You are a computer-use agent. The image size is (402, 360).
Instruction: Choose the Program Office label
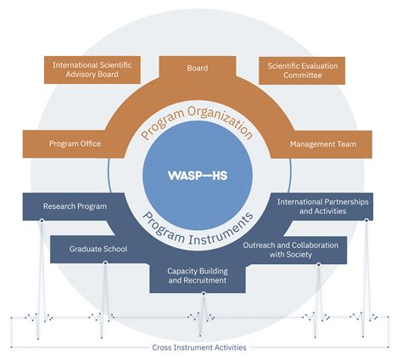(x=75, y=143)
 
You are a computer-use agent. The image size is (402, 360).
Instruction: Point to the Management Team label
(x=323, y=144)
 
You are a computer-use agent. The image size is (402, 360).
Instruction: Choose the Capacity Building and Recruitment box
(x=202, y=273)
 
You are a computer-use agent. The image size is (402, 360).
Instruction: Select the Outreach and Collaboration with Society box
(x=303, y=250)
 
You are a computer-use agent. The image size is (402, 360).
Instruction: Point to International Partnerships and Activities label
(x=322, y=206)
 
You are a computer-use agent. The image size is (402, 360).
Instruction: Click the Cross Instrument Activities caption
(x=200, y=347)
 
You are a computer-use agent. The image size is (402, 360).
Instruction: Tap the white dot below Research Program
(x=39, y=220)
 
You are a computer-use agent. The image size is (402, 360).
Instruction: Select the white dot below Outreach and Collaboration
(x=318, y=263)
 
